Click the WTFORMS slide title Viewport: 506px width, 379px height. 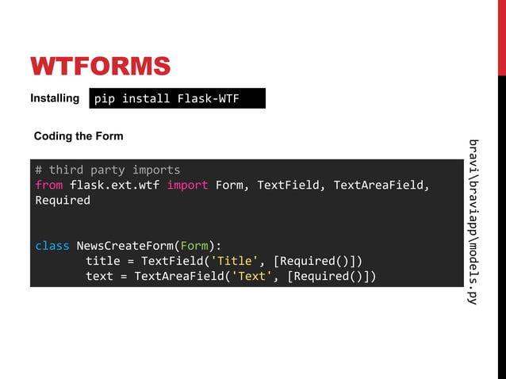pyautogui.click(x=100, y=65)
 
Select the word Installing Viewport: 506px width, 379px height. pyautogui.click(x=55, y=98)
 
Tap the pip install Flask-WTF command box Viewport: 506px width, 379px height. pyautogui.click(x=177, y=98)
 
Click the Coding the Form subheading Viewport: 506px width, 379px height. pyautogui.click(x=79, y=136)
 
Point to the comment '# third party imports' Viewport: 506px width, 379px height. pyautogui.click(x=107, y=170)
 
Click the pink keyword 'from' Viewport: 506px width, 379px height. pyautogui.click(x=48, y=185)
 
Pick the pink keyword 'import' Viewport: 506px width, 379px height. pyautogui.click(x=187, y=185)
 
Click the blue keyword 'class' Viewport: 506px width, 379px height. pyautogui.click(x=52, y=246)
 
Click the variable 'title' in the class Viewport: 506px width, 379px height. pyautogui.click(x=102, y=261)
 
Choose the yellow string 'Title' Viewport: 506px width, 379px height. pyautogui.click(x=236, y=261)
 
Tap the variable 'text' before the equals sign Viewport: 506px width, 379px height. pyautogui.click(x=99, y=276)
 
